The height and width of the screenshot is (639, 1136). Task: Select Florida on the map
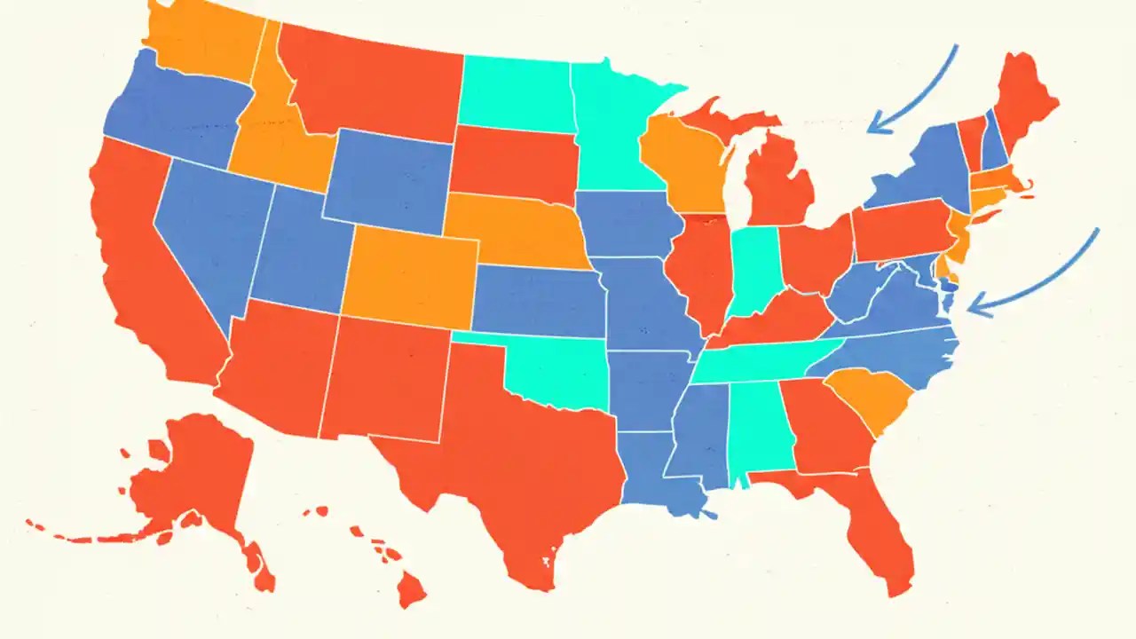click(874, 524)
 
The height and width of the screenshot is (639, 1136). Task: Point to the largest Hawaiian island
click(411, 588)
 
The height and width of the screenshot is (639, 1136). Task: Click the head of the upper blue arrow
click(870, 131)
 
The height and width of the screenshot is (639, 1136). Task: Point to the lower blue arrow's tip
click(970, 310)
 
